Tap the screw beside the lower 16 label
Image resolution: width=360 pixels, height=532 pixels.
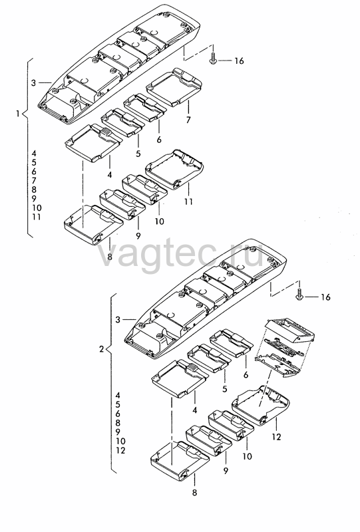click(x=299, y=295)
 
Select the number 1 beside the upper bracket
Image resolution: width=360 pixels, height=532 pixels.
click(x=18, y=113)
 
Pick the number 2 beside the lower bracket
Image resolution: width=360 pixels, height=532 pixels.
click(x=101, y=348)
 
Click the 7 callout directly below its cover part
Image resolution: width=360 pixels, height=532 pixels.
click(x=188, y=120)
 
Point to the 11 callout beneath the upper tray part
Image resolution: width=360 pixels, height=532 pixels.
click(x=188, y=201)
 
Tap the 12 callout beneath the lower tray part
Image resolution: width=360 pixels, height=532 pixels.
click(x=276, y=437)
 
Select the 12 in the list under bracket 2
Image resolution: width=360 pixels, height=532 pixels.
click(x=120, y=451)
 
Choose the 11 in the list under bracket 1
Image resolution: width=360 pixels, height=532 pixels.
click(x=37, y=217)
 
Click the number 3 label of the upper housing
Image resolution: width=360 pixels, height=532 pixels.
click(x=33, y=82)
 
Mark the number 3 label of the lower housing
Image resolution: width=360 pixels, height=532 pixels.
click(x=118, y=320)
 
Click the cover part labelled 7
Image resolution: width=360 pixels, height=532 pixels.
click(x=174, y=87)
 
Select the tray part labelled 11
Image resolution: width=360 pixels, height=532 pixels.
click(x=174, y=170)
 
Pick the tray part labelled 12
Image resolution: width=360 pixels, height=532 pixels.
click(x=260, y=406)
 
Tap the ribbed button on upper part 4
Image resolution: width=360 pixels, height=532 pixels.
click(x=106, y=132)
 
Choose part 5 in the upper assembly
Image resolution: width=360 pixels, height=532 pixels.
click(x=122, y=123)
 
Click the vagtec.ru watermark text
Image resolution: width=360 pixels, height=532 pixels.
click(x=181, y=255)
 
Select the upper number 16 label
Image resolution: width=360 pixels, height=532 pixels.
click(x=239, y=61)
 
